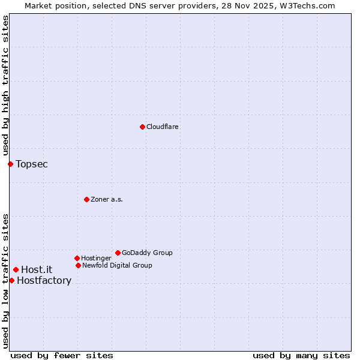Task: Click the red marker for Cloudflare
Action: click(x=142, y=127)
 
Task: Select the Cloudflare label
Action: click(x=163, y=127)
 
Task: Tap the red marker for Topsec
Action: click(x=10, y=164)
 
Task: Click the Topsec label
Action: click(x=32, y=164)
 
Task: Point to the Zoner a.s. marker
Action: click(x=86, y=199)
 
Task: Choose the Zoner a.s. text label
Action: click(x=107, y=199)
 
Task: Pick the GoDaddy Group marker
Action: click(x=118, y=253)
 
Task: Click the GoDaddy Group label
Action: click(x=147, y=253)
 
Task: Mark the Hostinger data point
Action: click(x=77, y=258)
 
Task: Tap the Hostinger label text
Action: click(x=96, y=258)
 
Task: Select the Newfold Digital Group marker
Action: click(x=78, y=265)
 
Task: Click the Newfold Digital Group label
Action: click(x=117, y=265)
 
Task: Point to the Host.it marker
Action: click(x=16, y=269)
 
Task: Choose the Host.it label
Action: click(x=37, y=269)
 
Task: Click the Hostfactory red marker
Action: click(x=11, y=280)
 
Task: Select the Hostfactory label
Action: click(x=44, y=280)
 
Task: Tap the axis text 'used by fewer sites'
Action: click(x=62, y=355)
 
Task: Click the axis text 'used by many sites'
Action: click(x=301, y=355)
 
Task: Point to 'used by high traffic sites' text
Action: click(x=5, y=85)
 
